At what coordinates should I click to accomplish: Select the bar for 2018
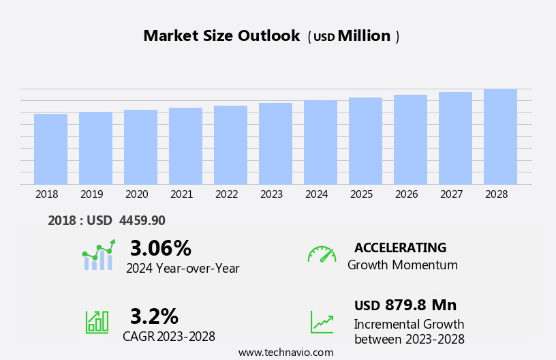tap(50, 149)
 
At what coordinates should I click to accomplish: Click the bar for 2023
tap(275, 143)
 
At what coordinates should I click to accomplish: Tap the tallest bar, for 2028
tap(500, 136)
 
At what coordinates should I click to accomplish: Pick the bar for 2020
tap(140, 147)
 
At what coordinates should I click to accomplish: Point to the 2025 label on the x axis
tap(361, 194)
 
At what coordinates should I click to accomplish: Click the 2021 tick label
tap(181, 194)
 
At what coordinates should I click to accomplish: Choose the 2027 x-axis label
tap(451, 194)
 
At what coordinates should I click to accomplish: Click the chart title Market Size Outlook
tap(221, 36)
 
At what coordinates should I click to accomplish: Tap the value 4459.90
tap(142, 220)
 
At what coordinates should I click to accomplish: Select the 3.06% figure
tap(160, 248)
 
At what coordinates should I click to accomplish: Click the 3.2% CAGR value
tap(154, 316)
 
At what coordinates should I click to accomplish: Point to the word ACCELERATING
tap(400, 247)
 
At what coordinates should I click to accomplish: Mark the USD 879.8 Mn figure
tap(405, 305)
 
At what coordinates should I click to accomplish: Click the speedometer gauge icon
tap(322, 254)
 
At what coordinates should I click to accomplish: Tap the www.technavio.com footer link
tap(285, 352)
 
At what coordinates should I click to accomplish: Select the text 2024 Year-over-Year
tap(183, 268)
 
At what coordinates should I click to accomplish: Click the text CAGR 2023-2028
tap(169, 336)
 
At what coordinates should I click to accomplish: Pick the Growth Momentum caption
tap(402, 265)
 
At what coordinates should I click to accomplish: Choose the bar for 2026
tap(410, 139)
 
